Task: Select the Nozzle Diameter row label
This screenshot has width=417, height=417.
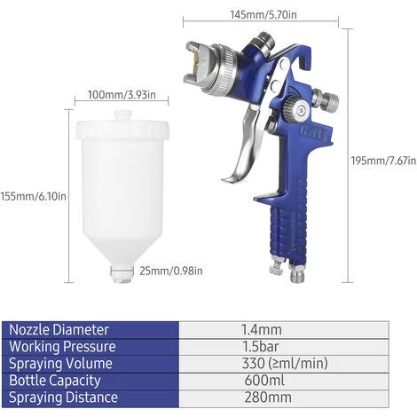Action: pyautogui.click(x=59, y=329)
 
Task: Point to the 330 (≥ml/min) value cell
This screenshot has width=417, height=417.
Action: pyautogui.click(x=283, y=365)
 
